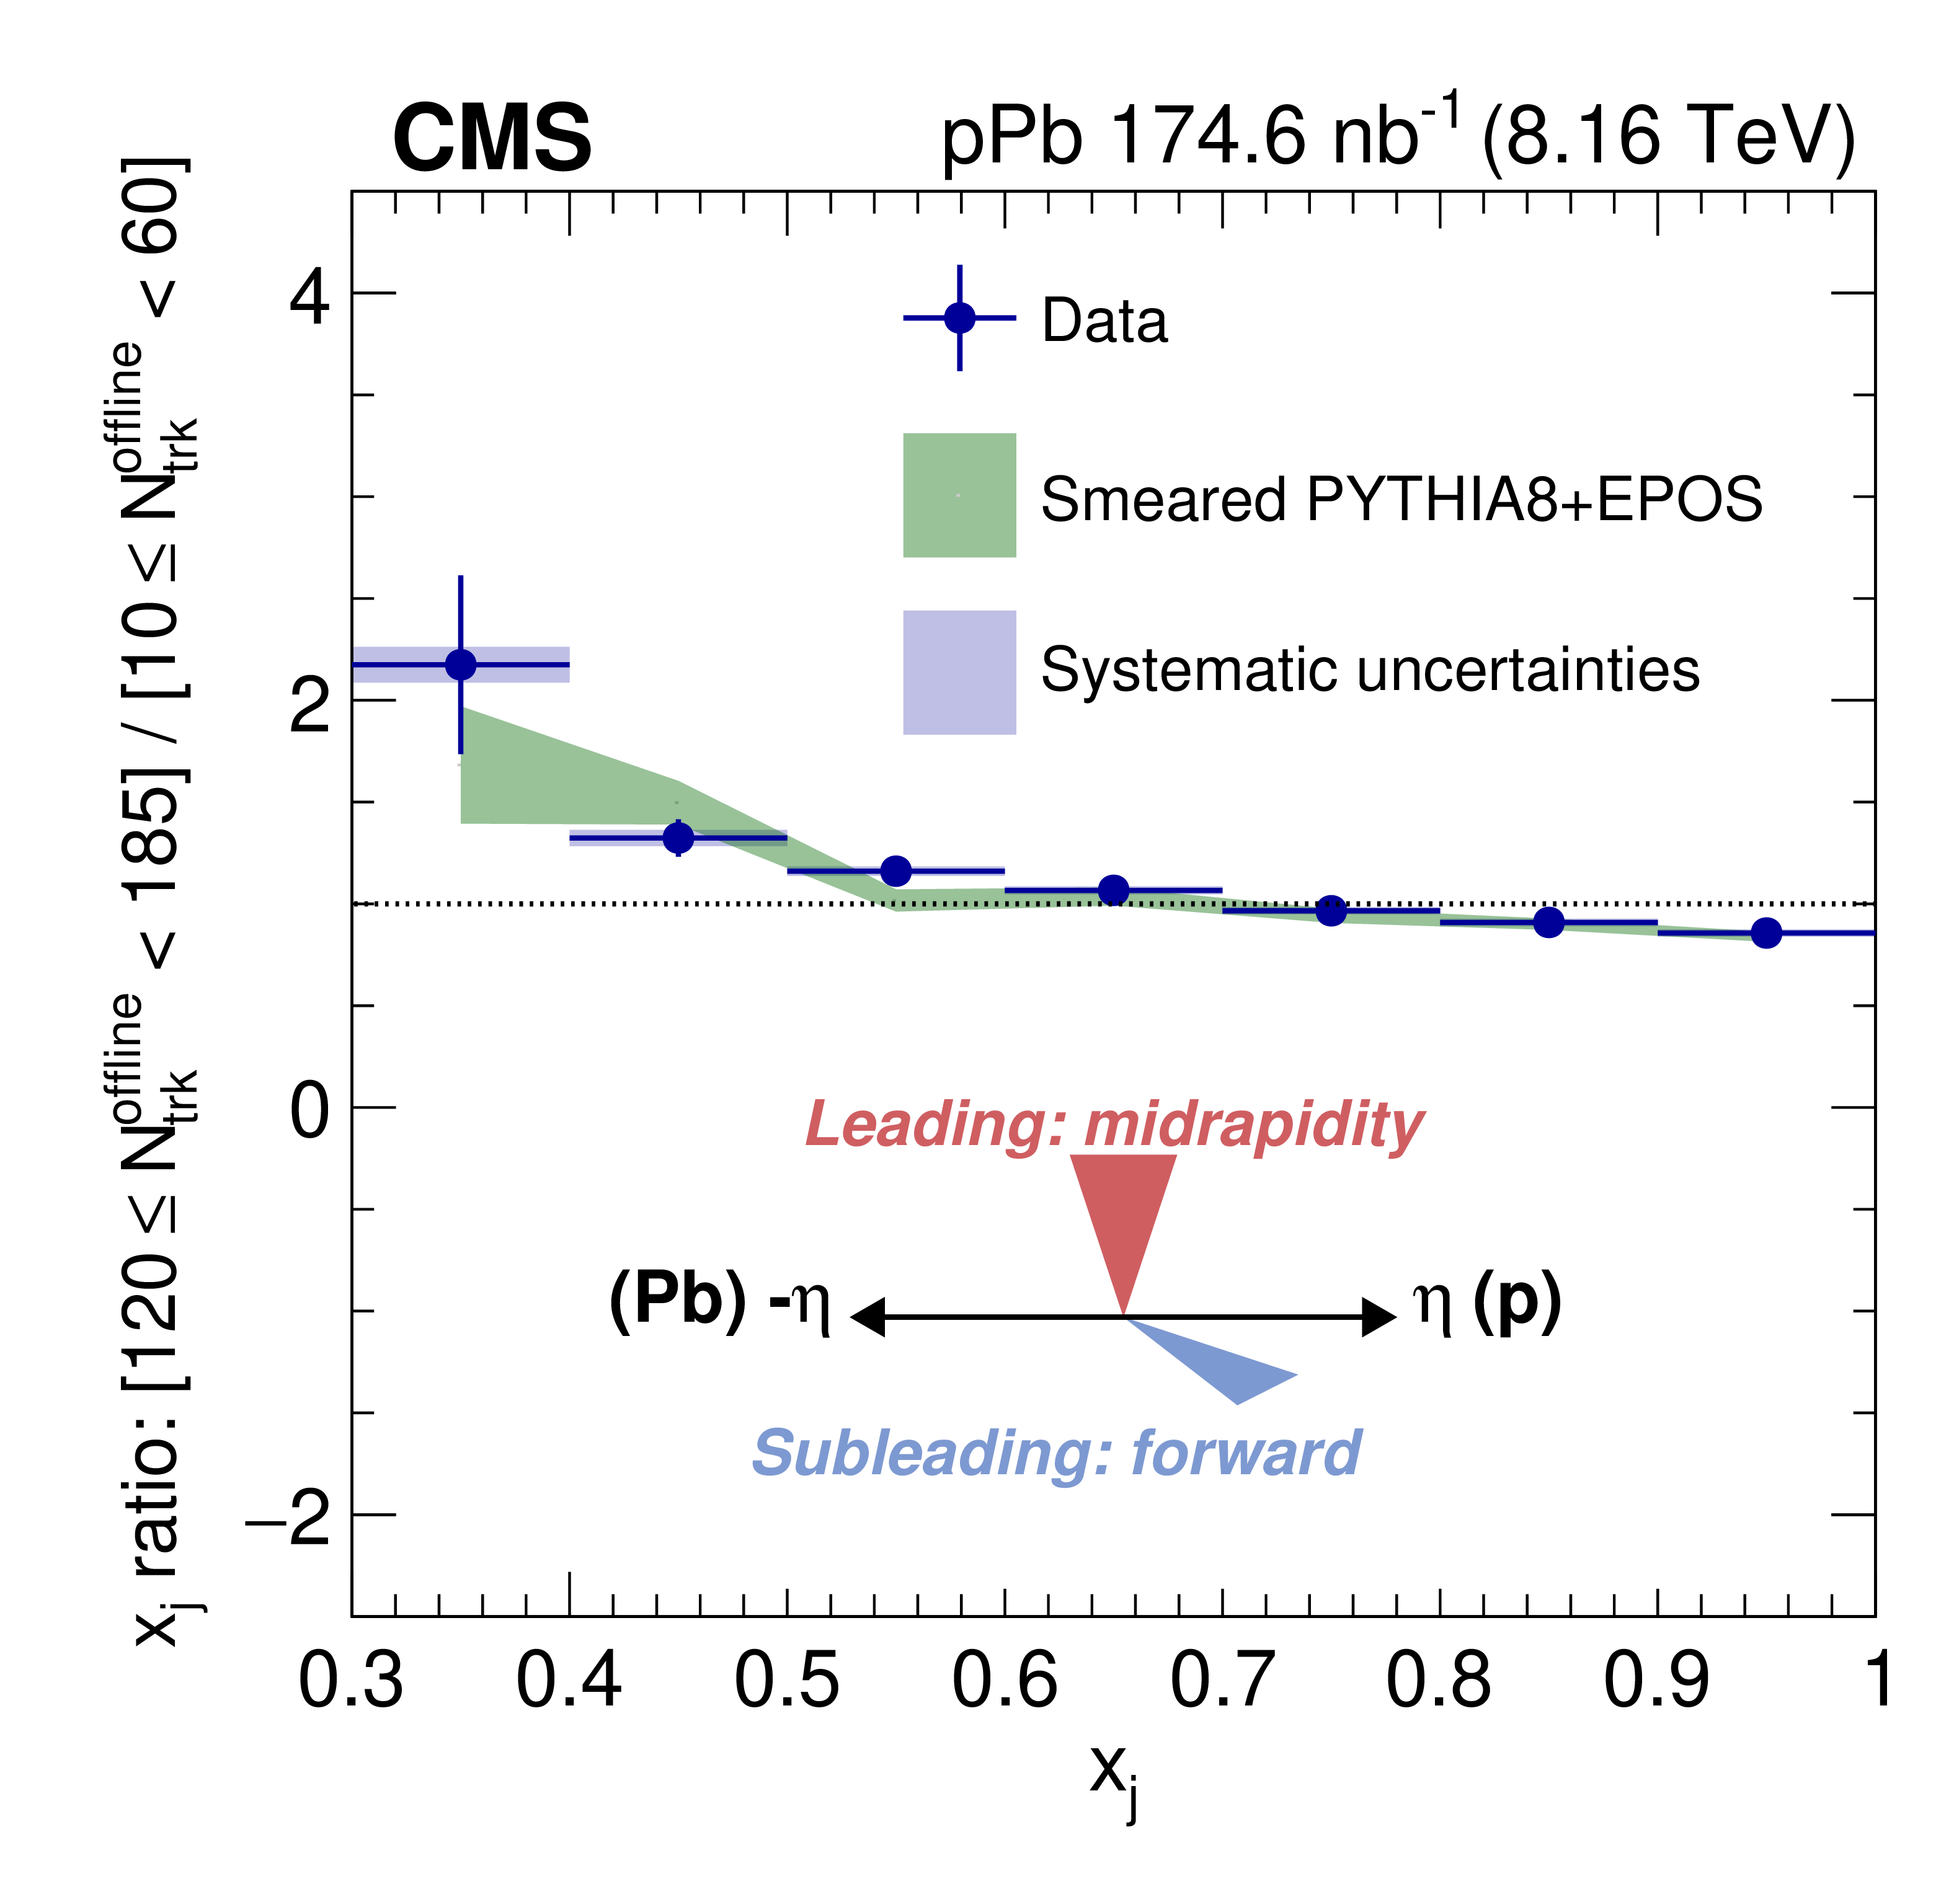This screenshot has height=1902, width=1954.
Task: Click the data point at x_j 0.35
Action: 461,665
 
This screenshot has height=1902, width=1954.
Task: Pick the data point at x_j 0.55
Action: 896,871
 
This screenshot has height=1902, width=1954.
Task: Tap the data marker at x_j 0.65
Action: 1114,890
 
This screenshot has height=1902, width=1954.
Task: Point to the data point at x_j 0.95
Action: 1766,933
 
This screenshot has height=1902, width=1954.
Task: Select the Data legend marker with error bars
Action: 959,317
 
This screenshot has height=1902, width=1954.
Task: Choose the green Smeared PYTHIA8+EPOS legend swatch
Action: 959,495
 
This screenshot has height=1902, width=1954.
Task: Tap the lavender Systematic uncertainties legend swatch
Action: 959,672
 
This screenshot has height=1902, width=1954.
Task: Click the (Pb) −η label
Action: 719,1302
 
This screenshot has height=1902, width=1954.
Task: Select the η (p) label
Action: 1486,1302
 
